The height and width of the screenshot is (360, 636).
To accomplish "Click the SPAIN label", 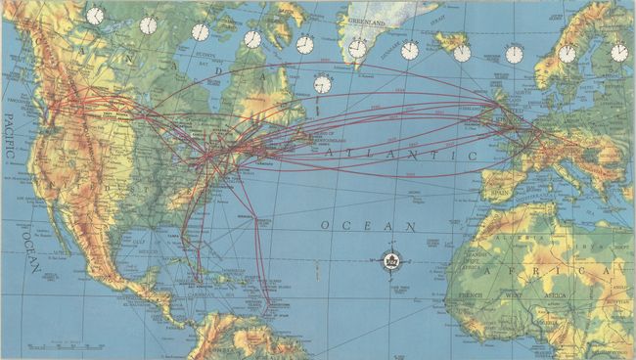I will [x=500, y=194].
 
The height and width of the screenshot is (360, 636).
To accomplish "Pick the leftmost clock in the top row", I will [x=95, y=16].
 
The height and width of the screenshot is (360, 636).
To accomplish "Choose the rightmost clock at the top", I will [x=619, y=52].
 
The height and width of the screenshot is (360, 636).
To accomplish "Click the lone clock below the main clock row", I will [x=323, y=85].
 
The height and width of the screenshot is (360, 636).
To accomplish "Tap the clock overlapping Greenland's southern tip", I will [x=357, y=48].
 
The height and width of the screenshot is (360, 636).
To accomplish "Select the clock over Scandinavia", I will [x=568, y=53].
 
